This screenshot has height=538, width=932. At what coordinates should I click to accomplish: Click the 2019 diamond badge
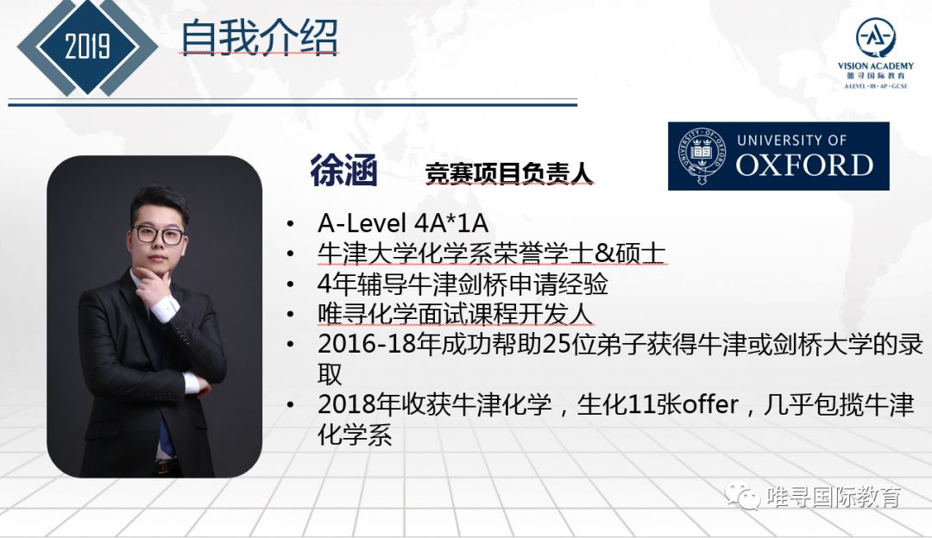(x=87, y=47)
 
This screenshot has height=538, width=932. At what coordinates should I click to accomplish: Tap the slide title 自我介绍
(x=260, y=37)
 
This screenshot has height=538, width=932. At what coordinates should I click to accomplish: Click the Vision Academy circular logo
(x=876, y=37)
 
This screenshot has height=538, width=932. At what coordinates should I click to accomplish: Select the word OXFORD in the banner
(x=805, y=165)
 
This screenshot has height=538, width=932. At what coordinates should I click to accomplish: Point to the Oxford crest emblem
(x=702, y=155)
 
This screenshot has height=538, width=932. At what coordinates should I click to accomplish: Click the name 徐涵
(x=343, y=171)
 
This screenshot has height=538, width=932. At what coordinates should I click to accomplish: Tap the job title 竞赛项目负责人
(x=509, y=173)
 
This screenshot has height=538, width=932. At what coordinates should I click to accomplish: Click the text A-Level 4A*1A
(x=403, y=223)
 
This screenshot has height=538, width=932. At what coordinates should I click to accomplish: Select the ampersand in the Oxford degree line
(x=604, y=253)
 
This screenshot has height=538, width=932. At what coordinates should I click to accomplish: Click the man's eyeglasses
(x=160, y=235)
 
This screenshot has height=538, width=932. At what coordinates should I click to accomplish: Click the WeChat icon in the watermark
(x=741, y=496)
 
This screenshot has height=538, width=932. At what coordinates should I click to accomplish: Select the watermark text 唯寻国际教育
(x=834, y=497)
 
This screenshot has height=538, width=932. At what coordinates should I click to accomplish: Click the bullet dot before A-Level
(x=290, y=224)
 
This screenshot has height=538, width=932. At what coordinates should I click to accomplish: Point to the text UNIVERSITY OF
(x=791, y=141)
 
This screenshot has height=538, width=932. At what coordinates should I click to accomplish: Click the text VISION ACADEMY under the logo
(x=876, y=66)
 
